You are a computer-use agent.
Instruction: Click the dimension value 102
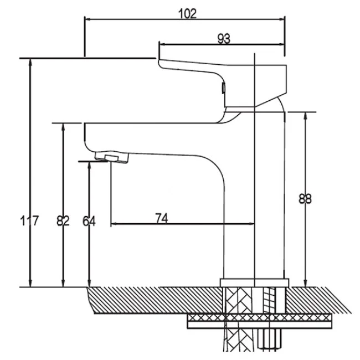[188, 14]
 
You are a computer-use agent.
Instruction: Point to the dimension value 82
[63, 221]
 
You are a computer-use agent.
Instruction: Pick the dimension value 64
[89, 221]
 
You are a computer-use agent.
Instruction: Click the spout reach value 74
[161, 218]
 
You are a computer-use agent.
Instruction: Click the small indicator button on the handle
[223, 88]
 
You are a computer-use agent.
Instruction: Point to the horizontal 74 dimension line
[183, 224]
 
